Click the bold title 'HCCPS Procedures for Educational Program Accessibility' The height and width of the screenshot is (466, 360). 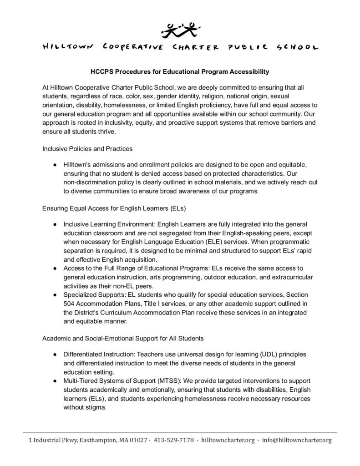(x=179, y=71)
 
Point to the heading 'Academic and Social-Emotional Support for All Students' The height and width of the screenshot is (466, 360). (x=123, y=339)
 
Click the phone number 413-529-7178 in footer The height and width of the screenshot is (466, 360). (x=174, y=441)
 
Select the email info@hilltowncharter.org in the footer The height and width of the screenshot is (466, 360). (x=297, y=441)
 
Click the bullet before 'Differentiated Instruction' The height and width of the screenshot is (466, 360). (x=54, y=354)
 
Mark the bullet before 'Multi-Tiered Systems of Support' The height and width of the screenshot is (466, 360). (x=54, y=380)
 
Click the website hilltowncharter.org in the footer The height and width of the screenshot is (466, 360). (x=227, y=441)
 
